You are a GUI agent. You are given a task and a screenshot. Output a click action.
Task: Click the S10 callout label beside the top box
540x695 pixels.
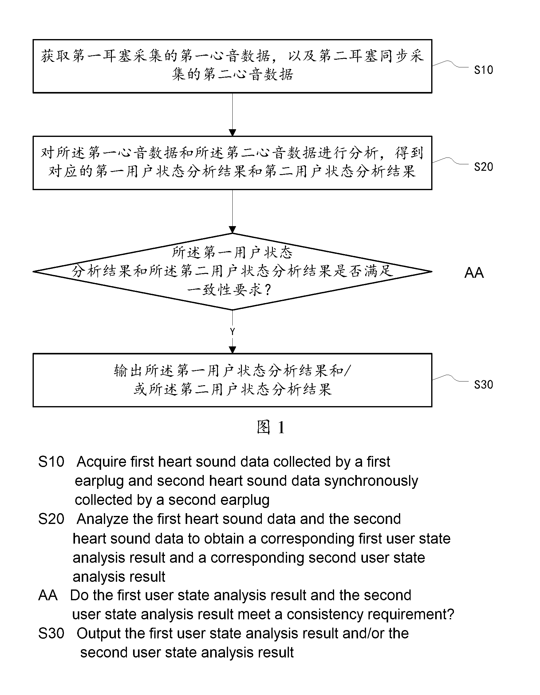483,70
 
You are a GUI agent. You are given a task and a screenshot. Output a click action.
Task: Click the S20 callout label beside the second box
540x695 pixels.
483,167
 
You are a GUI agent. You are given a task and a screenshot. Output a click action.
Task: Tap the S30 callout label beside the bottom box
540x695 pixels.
483,385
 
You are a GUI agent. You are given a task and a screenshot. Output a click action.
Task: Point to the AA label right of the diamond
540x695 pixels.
474,273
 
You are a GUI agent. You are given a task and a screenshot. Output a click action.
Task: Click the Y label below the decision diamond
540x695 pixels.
232,332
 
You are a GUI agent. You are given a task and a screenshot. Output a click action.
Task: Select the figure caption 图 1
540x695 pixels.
270,427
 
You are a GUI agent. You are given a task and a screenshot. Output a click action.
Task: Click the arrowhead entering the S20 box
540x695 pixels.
232,133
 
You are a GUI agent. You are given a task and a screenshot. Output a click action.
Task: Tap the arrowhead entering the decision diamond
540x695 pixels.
232,230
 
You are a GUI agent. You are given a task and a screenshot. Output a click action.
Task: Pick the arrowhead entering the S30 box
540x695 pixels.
232,350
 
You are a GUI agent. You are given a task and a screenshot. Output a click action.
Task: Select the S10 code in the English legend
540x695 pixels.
51,462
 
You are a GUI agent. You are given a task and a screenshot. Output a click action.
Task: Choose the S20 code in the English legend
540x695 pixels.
51,519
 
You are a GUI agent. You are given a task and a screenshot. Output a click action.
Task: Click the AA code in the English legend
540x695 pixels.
48,595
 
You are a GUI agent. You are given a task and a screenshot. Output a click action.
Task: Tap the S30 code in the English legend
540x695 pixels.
51,633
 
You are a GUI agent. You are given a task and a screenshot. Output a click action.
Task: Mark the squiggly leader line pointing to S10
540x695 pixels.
450,64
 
